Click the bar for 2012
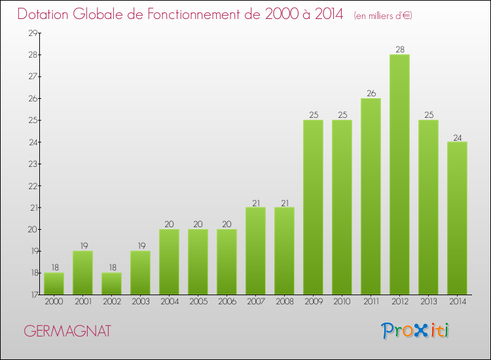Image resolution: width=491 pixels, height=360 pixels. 399,175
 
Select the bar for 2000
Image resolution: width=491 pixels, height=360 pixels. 54,283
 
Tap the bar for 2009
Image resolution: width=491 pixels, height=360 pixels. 313,207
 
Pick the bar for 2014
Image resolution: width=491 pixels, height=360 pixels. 457,218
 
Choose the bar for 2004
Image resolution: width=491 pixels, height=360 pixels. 169,262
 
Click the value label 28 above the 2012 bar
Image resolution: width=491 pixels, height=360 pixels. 399,49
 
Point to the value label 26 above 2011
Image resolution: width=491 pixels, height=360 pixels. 371,93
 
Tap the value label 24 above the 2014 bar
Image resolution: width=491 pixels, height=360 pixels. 457,137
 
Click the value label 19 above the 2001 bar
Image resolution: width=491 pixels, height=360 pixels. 82,246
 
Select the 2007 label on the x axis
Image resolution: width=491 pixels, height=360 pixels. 255,302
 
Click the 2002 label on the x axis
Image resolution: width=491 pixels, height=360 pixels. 111,302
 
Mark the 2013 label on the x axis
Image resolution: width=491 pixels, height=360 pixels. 428,302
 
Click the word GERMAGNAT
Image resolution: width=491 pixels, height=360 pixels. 67,331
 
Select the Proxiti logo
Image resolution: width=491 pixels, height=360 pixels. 416,331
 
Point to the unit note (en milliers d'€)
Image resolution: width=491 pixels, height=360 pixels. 383,16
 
